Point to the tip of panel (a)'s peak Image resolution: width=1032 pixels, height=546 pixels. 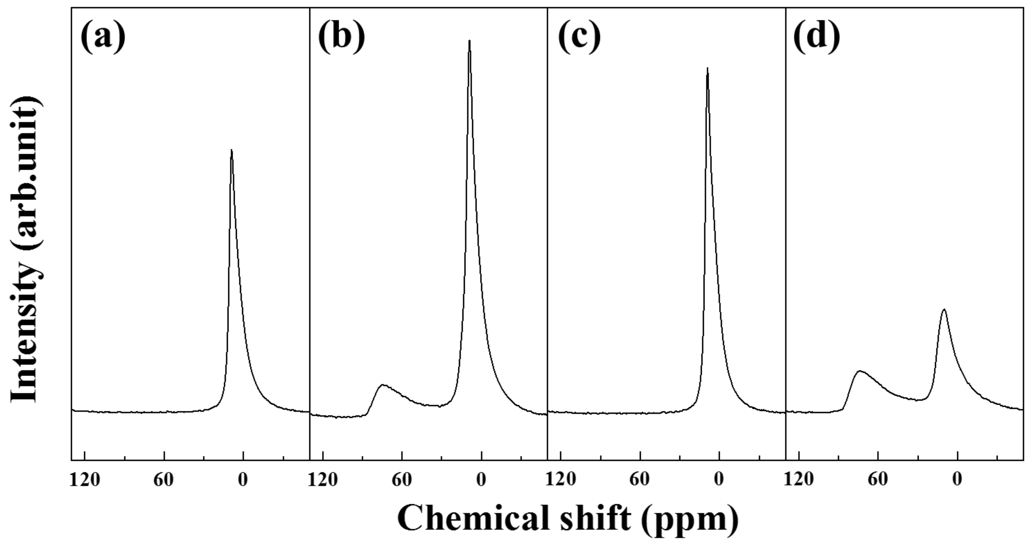pos(232,150)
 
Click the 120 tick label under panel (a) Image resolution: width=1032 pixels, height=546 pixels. pos(85,480)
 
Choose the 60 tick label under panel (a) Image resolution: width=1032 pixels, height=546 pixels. pos(163,480)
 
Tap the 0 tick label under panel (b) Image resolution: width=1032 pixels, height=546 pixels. pos(481,480)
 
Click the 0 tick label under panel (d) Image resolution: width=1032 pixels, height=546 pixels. pos(957,480)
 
